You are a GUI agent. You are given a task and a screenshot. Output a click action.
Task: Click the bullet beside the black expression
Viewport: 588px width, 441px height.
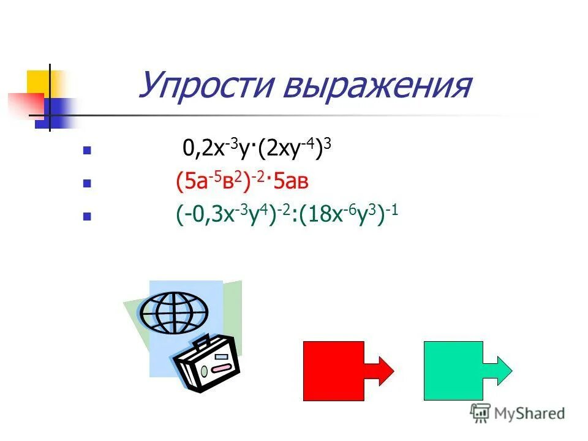pyautogui.click(x=87, y=150)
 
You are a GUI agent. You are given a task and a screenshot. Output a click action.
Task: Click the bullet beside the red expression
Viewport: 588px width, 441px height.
pyautogui.click(x=87, y=183)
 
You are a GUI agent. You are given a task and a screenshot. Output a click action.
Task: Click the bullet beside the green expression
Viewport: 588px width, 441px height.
pyautogui.click(x=87, y=216)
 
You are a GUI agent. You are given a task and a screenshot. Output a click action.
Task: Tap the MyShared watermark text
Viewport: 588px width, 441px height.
pyautogui.click(x=530, y=413)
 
